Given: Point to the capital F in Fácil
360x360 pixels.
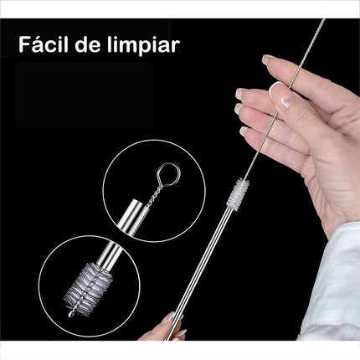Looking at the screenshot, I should tap(25, 44).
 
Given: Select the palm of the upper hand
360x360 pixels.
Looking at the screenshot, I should tap(322, 159).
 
